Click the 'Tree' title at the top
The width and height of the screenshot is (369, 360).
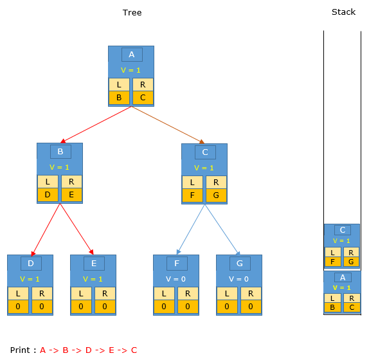[132, 12]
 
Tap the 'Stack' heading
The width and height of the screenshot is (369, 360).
[343, 12]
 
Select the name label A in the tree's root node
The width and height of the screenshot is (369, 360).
[132, 55]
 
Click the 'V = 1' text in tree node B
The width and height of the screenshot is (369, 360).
[59, 167]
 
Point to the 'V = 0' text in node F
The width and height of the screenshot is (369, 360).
[175, 279]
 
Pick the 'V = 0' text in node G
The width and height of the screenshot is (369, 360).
[239, 279]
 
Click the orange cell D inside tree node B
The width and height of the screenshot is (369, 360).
[48, 195]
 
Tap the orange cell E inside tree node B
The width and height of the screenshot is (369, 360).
[71, 195]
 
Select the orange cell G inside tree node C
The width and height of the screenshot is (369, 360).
[216, 195]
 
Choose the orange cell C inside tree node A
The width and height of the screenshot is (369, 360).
[143, 98]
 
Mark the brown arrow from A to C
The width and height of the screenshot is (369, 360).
[168, 125]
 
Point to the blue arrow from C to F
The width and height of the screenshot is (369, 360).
[191, 230]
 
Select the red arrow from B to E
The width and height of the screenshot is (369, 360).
[76, 229]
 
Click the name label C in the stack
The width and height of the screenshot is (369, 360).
[343, 230]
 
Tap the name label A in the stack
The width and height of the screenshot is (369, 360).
[343, 278]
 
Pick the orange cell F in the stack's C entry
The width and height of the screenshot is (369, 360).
[333, 262]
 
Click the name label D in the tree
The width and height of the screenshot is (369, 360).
[31, 264]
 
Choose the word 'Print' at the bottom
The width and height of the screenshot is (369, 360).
[20, 350]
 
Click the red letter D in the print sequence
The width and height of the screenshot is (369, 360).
[89, 350]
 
